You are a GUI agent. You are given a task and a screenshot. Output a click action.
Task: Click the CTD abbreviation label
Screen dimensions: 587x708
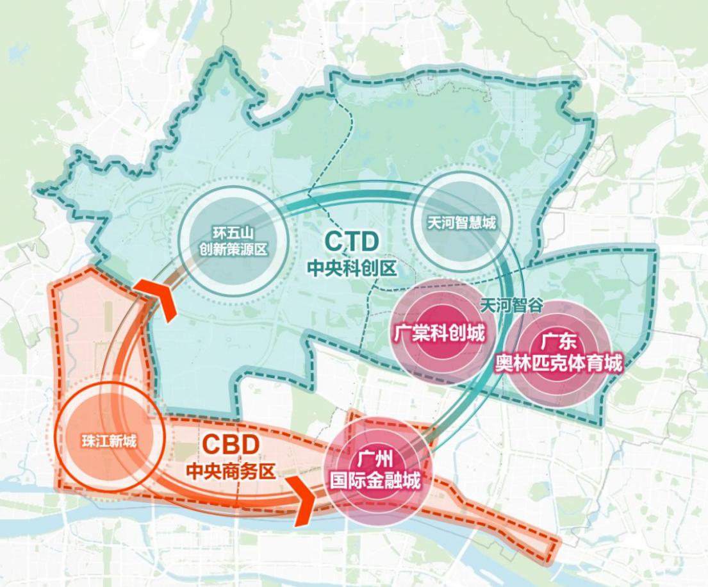352,242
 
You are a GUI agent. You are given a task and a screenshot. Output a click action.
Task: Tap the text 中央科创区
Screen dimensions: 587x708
352,267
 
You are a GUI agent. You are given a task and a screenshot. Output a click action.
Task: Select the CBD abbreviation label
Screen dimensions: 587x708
231,444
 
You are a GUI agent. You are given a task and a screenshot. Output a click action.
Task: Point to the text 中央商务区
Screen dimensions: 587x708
231,472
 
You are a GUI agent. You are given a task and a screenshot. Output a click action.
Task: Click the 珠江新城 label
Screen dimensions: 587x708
109,441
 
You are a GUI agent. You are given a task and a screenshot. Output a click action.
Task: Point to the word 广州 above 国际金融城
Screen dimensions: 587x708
375,459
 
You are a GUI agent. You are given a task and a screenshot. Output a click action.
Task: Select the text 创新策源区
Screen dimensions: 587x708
231,249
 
